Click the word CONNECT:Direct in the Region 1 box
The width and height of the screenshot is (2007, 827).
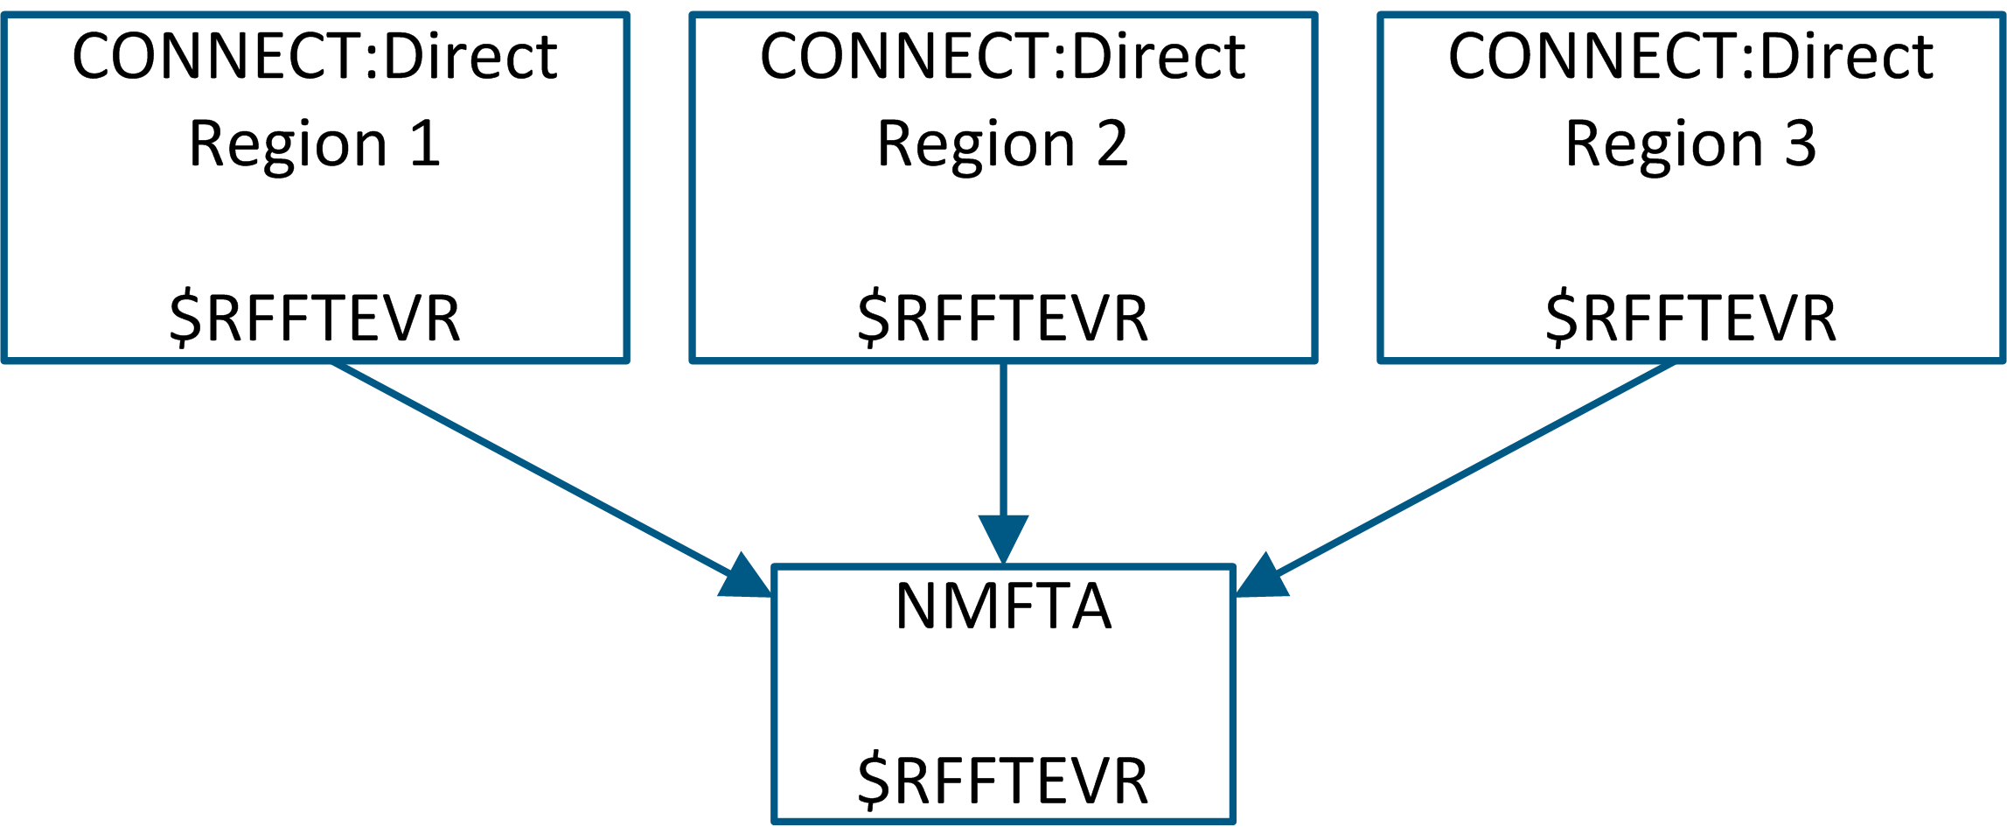(315, 58)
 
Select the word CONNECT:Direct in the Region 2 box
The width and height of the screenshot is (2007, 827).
(1002, 58)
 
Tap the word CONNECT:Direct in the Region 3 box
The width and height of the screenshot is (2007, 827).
(1690, 58)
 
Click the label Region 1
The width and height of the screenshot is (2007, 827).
(315, 144)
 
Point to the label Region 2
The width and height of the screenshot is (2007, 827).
(1002, 144)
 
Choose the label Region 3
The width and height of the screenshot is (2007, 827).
(1690, 144)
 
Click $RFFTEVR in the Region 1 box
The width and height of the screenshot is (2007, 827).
(315, 319)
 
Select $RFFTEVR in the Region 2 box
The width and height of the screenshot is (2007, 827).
(1002, 319)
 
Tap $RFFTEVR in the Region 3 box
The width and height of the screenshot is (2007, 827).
(1690, 319)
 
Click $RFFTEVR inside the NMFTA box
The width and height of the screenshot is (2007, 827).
(1002, 781)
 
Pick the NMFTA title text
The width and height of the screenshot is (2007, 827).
(1003, 606)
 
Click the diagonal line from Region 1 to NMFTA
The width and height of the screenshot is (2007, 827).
(533, 469)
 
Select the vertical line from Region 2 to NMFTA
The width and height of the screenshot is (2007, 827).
(1003, 438)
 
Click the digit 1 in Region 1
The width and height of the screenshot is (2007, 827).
(425, 144)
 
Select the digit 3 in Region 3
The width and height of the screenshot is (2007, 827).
(1801, 144)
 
